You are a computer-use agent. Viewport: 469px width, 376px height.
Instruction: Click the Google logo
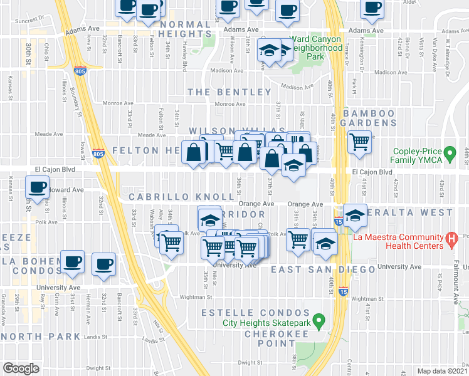click(x=21, y=368)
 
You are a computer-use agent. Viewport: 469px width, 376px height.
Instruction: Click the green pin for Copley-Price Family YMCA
click(x=449, y=152)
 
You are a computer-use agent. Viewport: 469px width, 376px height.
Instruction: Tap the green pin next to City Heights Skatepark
click(x=319, y=323)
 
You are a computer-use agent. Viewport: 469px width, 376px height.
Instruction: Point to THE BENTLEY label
click(x=229, y=92)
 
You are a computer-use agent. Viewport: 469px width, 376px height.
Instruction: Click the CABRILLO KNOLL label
click(x=182, y=197)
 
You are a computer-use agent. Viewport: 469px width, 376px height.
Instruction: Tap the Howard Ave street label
click(x=66, y=189)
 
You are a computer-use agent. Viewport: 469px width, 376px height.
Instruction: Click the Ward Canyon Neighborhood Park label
click(x=317, y=48)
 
